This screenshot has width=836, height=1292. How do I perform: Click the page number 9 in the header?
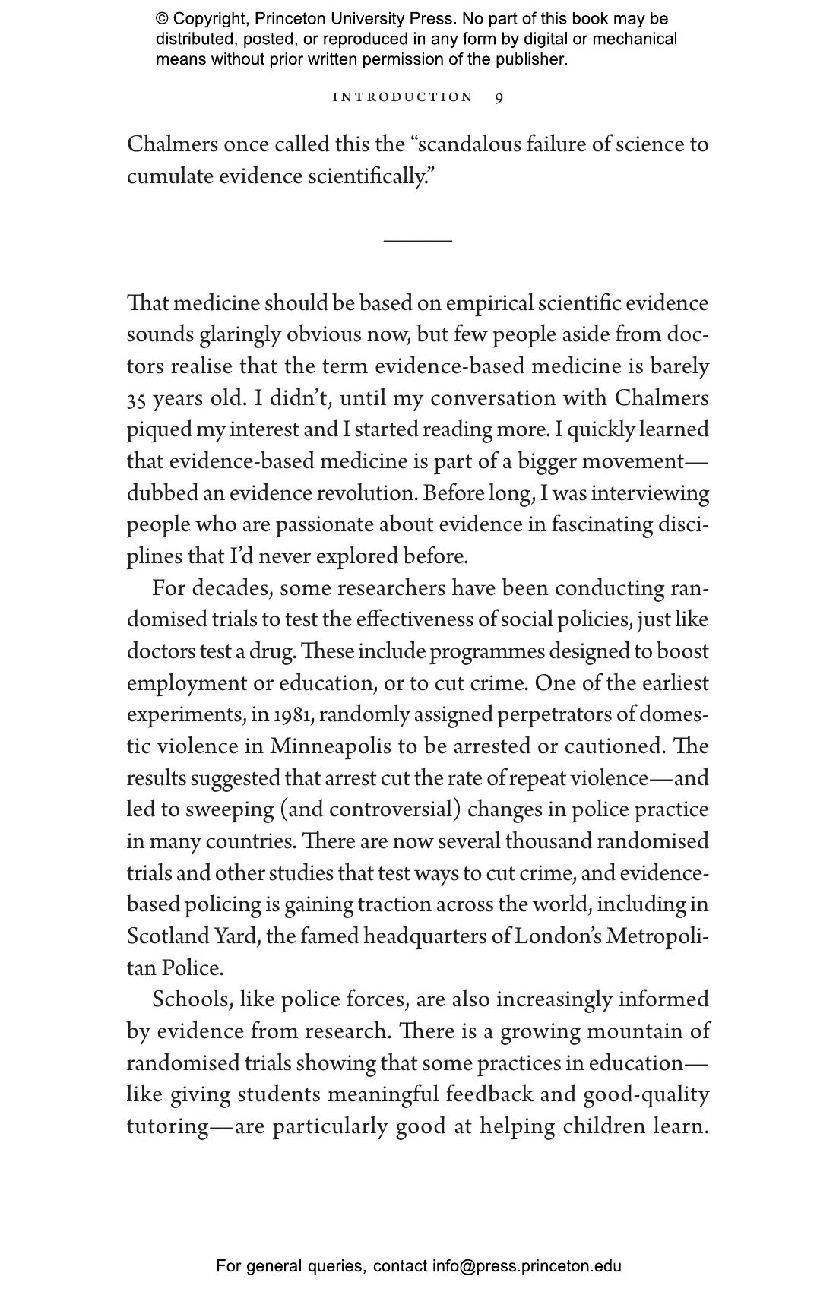[x=499, y=97]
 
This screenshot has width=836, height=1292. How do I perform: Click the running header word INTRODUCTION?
[x=403, y=97]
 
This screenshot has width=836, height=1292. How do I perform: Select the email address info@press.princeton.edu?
[x=527, y=1266]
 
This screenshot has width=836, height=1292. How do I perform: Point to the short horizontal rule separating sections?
[x=417, y=241]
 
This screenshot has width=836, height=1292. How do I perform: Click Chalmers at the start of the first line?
[x=171, y=144]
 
